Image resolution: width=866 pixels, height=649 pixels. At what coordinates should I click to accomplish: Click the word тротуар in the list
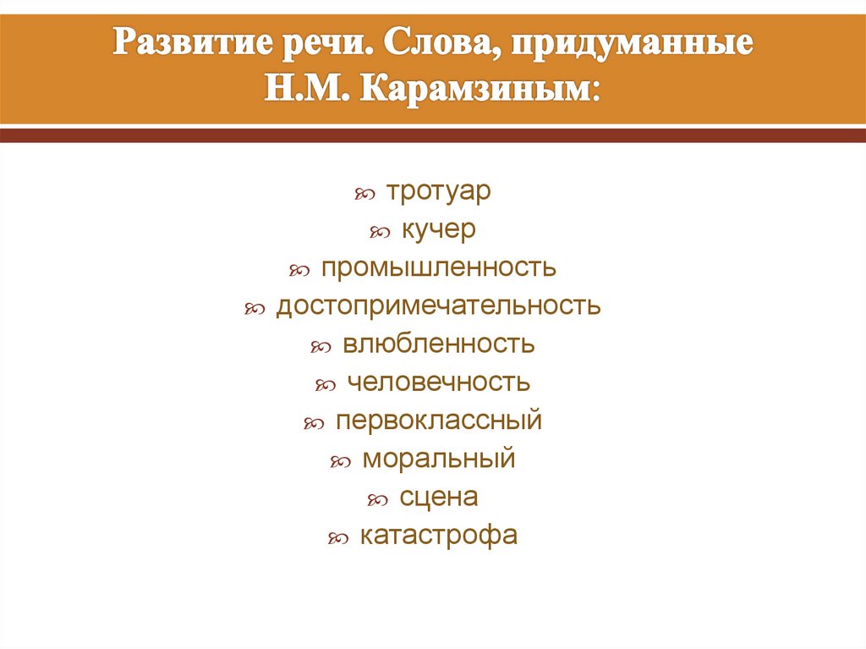(438, 192)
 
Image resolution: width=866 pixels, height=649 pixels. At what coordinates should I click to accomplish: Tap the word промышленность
(438, 267)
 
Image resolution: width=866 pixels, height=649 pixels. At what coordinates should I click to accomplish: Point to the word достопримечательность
(438, 305)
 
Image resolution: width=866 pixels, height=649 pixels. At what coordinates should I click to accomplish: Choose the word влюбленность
(438, 344)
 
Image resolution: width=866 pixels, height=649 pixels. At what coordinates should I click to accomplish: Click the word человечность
(438, 382)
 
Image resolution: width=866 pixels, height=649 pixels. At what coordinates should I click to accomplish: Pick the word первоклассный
(438, 421)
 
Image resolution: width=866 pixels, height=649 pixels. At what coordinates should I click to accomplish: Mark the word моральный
(438, 459)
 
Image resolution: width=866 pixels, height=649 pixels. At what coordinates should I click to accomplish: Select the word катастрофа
(438, 535)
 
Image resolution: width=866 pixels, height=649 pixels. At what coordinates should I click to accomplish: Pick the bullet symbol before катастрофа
(337, 539)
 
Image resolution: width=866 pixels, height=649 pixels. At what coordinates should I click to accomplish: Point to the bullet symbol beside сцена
(377, 501)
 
